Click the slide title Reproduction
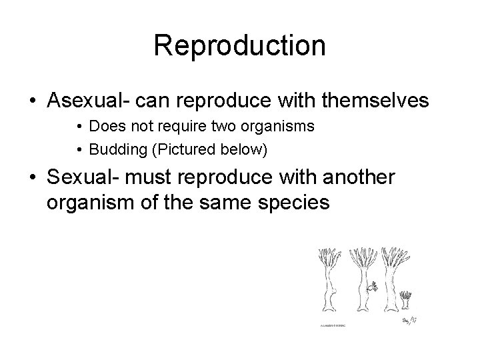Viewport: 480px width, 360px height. click(x=239, y=46)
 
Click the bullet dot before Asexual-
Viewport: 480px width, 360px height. click(x=33, y=101)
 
